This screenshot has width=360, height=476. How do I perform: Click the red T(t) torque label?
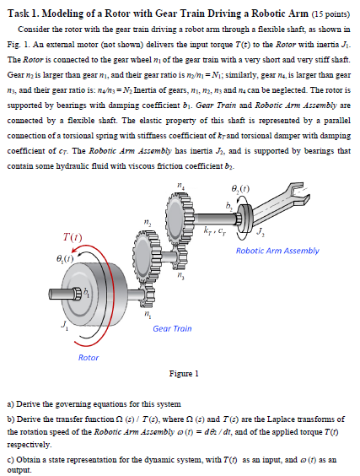(73, 236)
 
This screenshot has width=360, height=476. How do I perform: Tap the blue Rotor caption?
(89, 358)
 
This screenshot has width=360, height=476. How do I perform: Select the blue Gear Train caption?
(172, 328)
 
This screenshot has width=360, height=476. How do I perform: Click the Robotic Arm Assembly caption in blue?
(277, 251)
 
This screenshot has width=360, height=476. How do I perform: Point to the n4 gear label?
(180, 186)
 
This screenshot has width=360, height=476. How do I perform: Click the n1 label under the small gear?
(147, 314)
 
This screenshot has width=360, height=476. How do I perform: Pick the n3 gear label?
(180, 276)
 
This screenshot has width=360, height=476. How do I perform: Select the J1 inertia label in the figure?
(65, 325)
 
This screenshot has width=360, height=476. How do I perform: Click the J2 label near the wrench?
(261, 232)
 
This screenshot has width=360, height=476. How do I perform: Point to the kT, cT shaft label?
(215, 231)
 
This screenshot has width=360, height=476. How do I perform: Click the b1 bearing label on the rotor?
(87, 292)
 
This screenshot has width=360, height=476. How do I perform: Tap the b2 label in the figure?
(229, 207)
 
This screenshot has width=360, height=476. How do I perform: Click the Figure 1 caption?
(184, 373)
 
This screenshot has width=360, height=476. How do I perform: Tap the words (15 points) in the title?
(330, 14)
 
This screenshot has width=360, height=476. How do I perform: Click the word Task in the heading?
(19, 14)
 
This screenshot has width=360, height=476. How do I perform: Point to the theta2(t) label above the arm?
(240, 189)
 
